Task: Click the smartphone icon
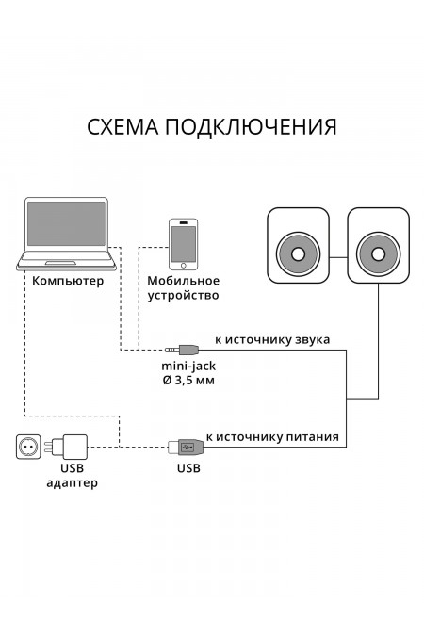pyautogui.click(x=184, y=242)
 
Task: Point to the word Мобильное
pyautogui.click(x=184, y=280)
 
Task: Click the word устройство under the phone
pyautogui.click(x=184, y=296)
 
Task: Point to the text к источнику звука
pyautogui.click(x=272, y=338)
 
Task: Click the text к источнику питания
pyautogui.click(x=272, y=437)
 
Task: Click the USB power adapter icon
pyautogui.click(x=72, y=445)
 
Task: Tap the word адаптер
pyautogui.click(x=73, y=482)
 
